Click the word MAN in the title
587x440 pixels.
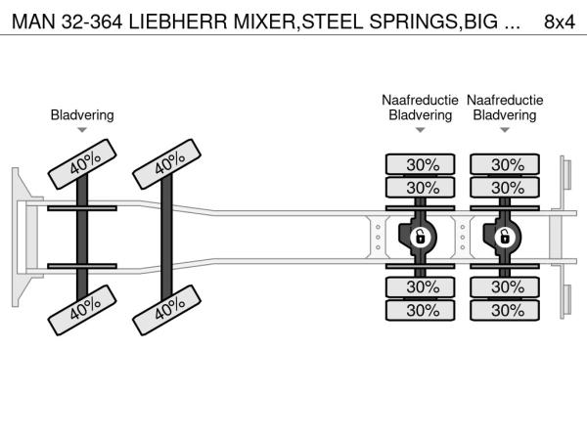click(x=31, y=22)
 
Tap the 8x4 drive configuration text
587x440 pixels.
click(x=559, y=22)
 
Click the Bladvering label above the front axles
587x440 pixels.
click(x=82, y=115)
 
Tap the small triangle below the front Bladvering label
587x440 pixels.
click(x=82, y=130)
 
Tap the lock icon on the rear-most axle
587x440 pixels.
click(x=505, y=236)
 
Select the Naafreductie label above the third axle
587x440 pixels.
click(x=421, y=101)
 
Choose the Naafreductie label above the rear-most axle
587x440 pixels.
click(x=505, y=101)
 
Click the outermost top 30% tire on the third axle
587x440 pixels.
click(x=422, y=164)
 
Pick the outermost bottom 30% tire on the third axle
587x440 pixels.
click(x=422, y=311)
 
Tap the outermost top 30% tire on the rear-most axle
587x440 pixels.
click(x=506, y=164)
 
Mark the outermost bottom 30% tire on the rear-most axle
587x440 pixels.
click(x=506, y=311)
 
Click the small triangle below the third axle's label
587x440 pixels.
click(x=421, y=130)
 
